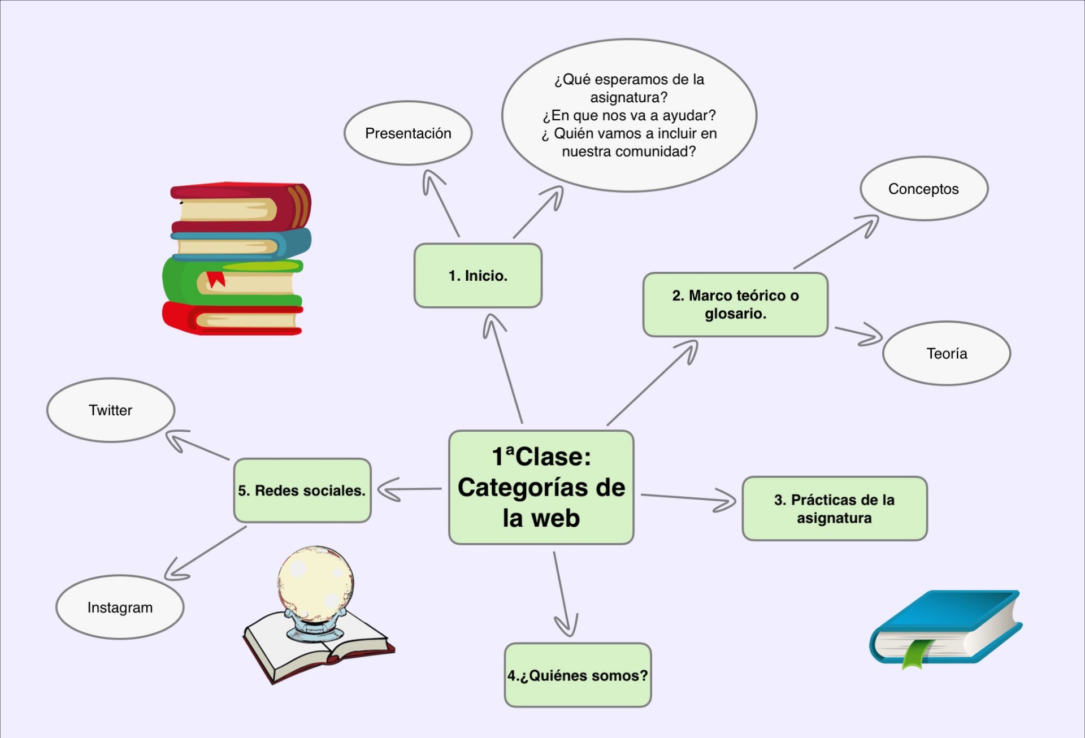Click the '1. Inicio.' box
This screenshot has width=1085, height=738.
point(478,276)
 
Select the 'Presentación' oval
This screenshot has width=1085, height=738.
point(408,133)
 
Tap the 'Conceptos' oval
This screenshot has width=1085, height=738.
point(923,189)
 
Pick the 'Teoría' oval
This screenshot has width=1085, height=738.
point(947,354)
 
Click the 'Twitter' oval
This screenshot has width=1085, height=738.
point(111,410)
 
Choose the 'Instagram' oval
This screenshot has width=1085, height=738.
point(120,607)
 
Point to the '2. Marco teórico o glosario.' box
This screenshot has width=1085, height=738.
point(735,305)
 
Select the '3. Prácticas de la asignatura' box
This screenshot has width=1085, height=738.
point(834,509)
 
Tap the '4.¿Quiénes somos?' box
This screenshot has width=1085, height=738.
point(578,675)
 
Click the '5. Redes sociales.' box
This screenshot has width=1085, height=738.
point(302,490)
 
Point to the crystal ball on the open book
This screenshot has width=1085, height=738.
point(315,585)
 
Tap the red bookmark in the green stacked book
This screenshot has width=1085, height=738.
point(215,279)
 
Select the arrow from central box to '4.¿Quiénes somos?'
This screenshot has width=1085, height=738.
point(563,593)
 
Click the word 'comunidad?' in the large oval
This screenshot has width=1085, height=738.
point(656,151)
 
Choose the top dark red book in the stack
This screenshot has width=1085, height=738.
point(240,203)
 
